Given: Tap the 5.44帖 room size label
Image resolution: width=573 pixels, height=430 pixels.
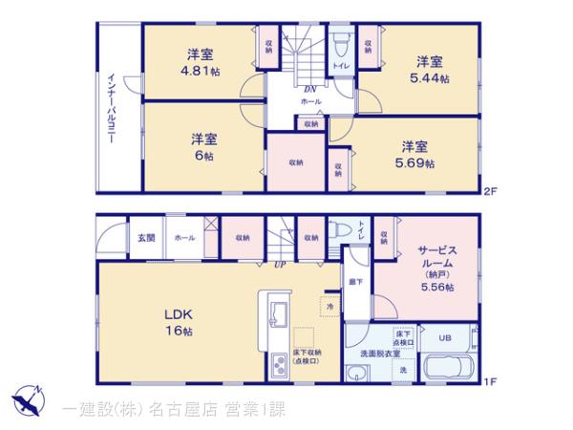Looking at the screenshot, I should (433, 77).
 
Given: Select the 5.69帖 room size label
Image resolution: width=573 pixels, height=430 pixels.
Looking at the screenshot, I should (416, 163).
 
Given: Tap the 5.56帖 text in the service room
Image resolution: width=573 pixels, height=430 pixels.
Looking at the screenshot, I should (438, 287).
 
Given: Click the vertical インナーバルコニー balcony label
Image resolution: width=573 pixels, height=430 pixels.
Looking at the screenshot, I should (112, 107).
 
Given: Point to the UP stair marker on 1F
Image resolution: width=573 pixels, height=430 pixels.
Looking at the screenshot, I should (281, 264).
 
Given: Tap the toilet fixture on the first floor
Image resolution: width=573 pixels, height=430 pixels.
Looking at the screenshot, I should (340, 229).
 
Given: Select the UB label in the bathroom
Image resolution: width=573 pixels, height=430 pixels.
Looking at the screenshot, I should (445, 337).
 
